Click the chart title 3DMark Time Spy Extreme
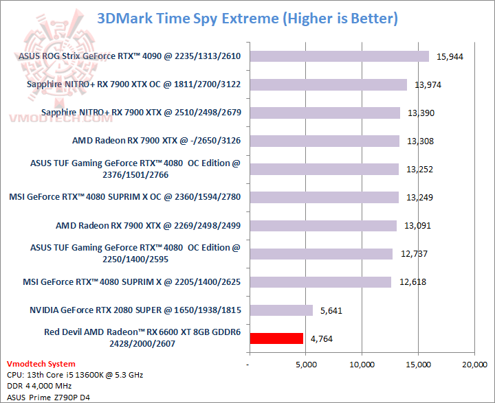(x=247, y=18)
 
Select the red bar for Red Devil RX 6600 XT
(x=276, y=338)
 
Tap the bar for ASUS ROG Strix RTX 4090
(x=339, y=56)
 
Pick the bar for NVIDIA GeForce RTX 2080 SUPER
(x=281, y=310)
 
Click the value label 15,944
(x=450, y=56)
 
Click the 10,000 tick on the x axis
(x=362, y=364)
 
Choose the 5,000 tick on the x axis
(x=305, y=364)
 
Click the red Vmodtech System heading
(x=41, y=364)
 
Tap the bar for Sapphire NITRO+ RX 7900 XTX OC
(x=329, y=84)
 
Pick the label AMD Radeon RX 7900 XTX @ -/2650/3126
(x=157, y=141)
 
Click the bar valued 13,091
(x=323, y=225)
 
